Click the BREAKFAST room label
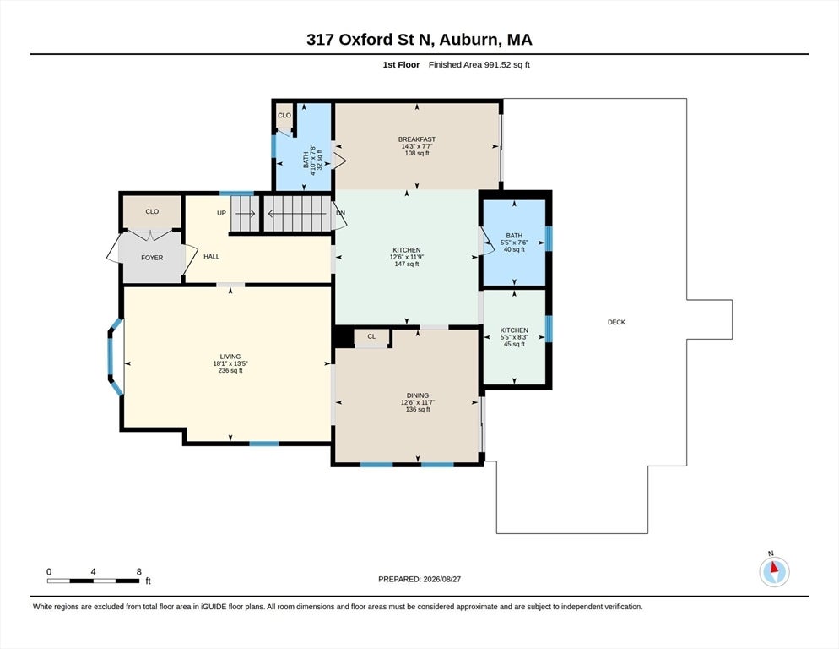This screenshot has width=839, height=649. [x=417, y=139]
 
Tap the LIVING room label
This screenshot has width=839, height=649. [x=230, y=357]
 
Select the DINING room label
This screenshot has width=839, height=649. [x=417, y=395]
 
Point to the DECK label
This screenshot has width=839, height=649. [x=616, y=322]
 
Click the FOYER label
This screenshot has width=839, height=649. [x=152, y=258]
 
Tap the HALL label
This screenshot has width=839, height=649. [x=211, y=257]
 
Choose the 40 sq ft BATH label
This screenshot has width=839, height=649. [x=514, y=236]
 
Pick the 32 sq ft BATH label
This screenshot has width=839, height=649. [x=306, y=160]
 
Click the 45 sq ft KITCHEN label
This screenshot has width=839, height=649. [x=514, y=330]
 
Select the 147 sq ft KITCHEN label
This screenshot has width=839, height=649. [x=407, y=250]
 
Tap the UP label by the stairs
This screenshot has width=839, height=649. [x=221, y=213]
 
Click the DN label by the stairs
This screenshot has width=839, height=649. [x=340, y=213]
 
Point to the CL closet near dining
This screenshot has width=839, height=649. [x=371, y=336]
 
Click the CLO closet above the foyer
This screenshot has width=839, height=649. [x=152, y=212]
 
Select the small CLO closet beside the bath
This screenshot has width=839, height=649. [x=284, y=115]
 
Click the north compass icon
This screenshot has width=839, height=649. [x=774, y=571]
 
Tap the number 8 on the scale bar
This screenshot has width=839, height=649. [x=139, y=572]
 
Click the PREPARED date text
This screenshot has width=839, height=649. [x=419, y=580]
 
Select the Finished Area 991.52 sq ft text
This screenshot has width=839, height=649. [x=479, y=65]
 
